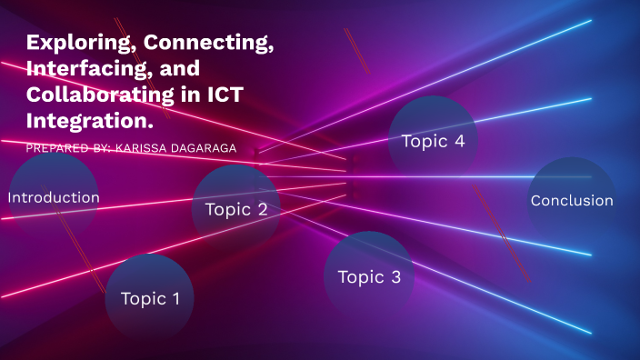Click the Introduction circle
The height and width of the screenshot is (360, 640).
(x=54, y=197)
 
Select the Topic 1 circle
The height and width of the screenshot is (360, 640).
(x=150, y=298)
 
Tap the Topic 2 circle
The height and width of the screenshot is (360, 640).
(x=235, y=209)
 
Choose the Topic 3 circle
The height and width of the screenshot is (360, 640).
(x=368, y=277)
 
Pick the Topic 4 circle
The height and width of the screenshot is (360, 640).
(x=433, y=141)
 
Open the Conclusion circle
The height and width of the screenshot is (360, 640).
(x=572, y=201)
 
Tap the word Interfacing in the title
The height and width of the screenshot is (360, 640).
(x=81, y=68)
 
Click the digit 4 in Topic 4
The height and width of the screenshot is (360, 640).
(x=458, y=141)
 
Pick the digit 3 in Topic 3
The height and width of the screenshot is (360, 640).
(x=395, y=277)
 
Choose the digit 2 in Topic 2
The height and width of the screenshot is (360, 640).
(x=262, y=209)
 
